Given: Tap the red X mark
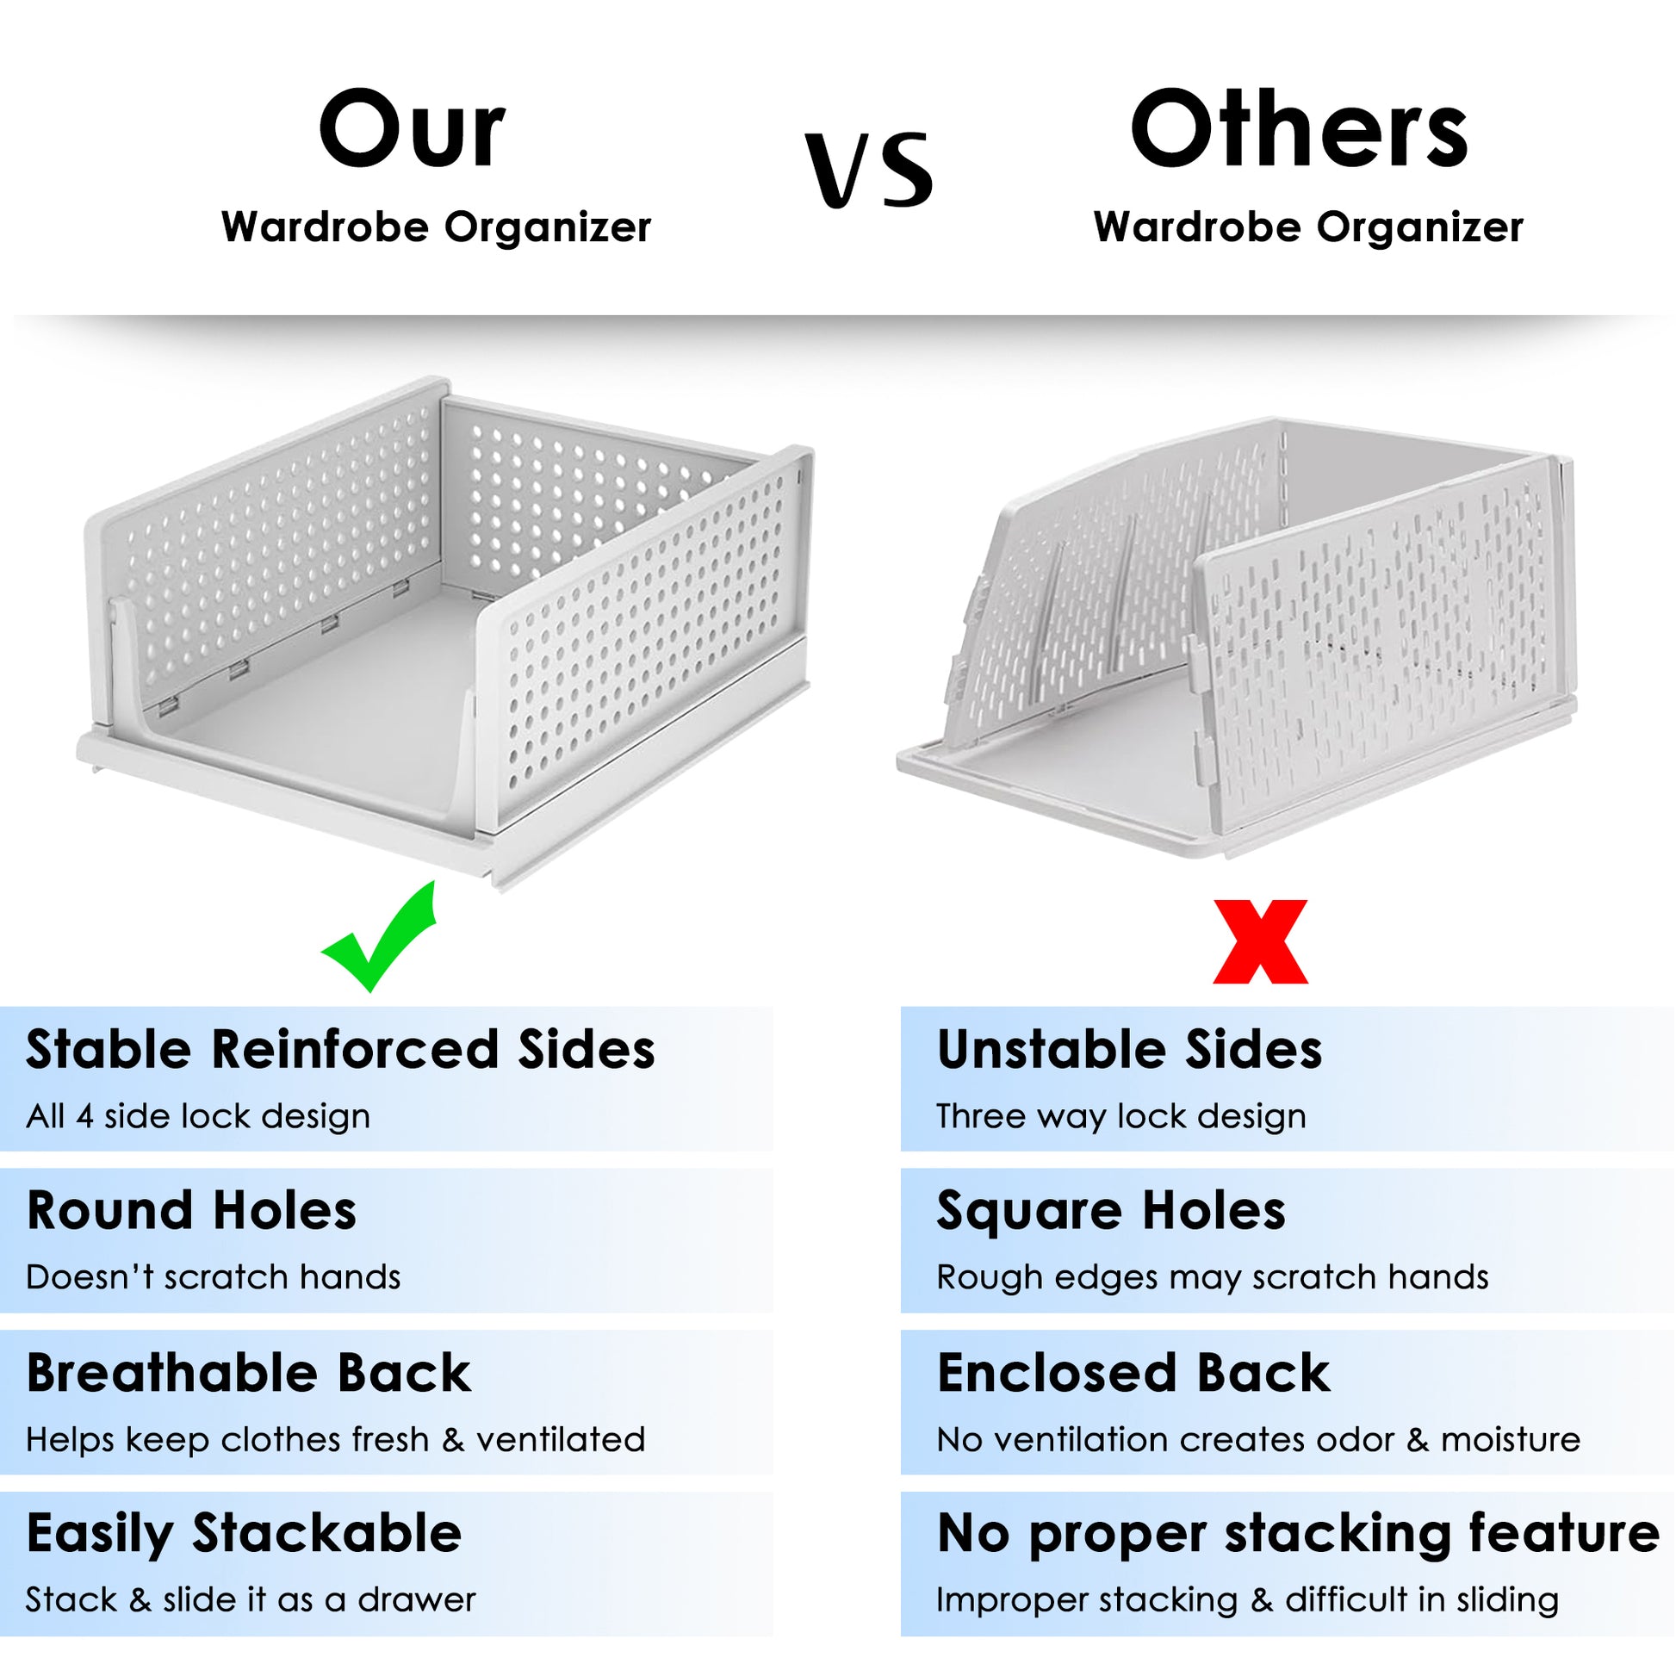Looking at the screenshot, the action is tap(1261, 942).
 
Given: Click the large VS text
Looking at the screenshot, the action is tap(869, 170).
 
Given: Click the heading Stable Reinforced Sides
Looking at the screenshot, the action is tap(340, 1049).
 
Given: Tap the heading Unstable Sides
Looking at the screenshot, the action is tap(1129, 1049).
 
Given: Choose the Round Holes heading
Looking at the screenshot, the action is tap(192, 1210).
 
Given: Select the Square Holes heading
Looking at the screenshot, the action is tap(1111, 1212).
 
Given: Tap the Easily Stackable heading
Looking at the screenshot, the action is tap(245, 1536).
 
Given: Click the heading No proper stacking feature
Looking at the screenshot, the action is tap(1299, 1536).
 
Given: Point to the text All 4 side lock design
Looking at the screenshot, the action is tap(199, 1115).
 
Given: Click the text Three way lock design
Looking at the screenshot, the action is tap(1121, 1116).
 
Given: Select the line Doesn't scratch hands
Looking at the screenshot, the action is tap(214, 1277).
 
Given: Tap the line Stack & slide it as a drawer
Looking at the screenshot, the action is tap(251, 1599).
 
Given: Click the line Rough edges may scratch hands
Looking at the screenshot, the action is tap(1213, 1278).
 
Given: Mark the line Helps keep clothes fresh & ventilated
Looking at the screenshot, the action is tap(336, 1439).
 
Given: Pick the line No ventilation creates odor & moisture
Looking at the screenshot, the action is tap(1259, 1439).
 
